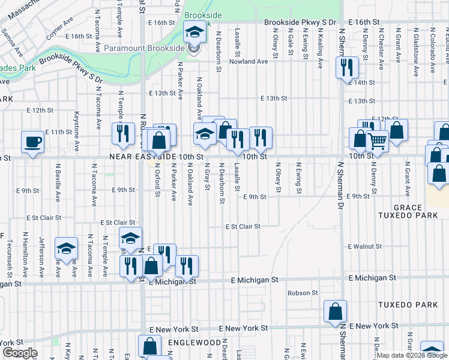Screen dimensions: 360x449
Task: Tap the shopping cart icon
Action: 377,142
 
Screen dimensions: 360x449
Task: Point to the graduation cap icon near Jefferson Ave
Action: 66,248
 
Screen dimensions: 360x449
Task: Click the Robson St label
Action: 302,293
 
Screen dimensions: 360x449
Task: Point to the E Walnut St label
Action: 365,247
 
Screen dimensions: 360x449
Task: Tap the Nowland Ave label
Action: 247,61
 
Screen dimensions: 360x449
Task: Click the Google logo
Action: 19,353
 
